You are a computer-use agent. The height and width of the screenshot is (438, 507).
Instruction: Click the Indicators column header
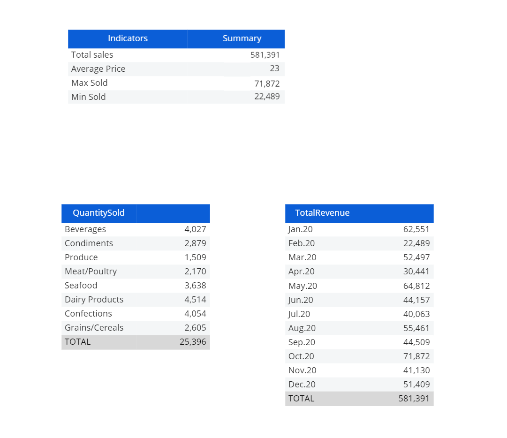point(128,38)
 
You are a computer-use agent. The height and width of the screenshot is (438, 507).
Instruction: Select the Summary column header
point(242,38)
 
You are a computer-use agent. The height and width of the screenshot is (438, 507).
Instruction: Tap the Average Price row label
point(98,69)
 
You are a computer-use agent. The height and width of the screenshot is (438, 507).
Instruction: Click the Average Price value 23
point(274,68)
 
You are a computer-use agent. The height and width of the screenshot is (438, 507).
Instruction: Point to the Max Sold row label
point(89,83)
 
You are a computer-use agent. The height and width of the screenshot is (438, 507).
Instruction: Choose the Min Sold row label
point(88,97)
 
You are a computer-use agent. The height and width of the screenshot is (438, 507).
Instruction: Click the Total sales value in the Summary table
point(265,55)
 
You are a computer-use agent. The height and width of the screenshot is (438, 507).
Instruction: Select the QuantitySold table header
point(98,213)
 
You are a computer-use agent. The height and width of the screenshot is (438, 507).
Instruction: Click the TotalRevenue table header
point(322,213)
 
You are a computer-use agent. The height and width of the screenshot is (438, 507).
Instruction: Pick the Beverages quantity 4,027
point(195,229)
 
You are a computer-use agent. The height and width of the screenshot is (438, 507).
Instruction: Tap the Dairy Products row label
point(94,300)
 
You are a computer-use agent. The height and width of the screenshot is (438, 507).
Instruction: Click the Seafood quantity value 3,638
point(195,286)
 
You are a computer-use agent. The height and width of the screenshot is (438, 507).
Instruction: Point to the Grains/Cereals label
point(94,328)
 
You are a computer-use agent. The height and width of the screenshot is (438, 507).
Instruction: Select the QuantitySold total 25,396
point(193,342)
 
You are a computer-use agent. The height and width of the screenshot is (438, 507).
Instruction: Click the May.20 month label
point(303,286)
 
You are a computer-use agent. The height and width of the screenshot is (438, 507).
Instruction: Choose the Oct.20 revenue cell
point(416,356)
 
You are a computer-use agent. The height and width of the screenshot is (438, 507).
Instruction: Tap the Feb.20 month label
point(302,243)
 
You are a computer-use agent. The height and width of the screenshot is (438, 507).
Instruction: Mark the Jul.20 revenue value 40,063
point(416,314)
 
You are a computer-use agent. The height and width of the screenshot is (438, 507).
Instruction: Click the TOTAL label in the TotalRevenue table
point(301,399)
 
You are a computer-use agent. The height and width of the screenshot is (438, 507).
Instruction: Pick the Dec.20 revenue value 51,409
point(416,385)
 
